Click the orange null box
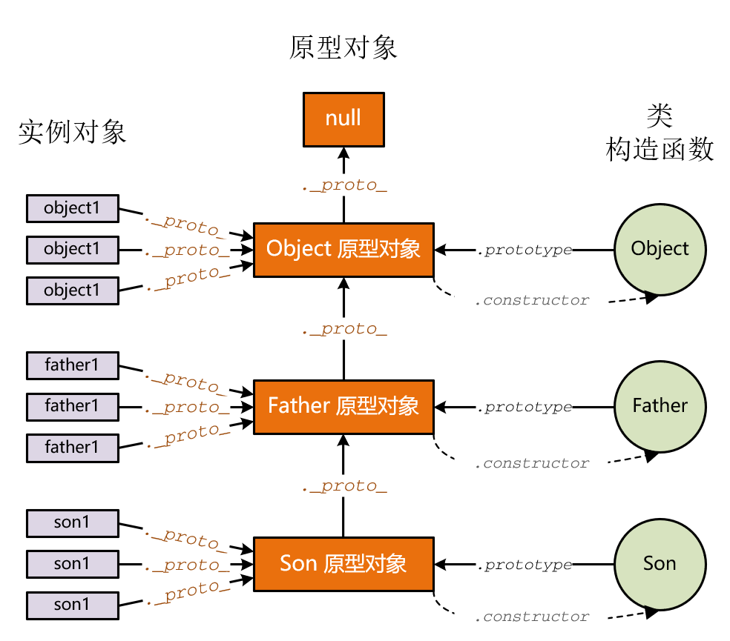(343, 119)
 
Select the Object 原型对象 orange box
(343, 249)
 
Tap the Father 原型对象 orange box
(343, 406)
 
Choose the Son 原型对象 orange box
(343, 564)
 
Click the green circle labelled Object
(660, 249)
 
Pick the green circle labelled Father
(660, 406)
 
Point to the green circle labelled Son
(660, 564)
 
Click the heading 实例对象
(72, 132)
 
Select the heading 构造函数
(660, 150)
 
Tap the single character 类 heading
(660, 115)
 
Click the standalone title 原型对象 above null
(343, 47)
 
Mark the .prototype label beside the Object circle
(525, 250)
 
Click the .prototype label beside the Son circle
(525, 565)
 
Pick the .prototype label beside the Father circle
(525, 408)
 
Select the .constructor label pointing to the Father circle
(533, 464)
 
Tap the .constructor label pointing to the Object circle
(533, 301)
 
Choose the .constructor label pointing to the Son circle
(533, 617)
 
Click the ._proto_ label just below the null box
(344, 185)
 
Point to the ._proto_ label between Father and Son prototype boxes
(344, 487)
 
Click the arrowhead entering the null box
(343, 152)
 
